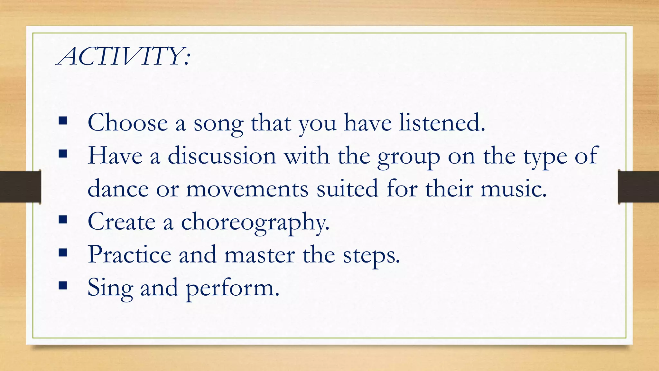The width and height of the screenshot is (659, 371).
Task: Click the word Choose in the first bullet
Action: (x=128, y=123)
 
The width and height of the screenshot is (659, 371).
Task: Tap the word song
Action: (x=218, y=124)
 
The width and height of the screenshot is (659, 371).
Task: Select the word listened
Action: (x=442, y=123)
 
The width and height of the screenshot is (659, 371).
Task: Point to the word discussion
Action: (x=222, y=156)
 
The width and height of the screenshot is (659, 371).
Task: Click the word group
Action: (x=409, y=157)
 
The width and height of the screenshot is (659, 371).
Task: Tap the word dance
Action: (x=118, y=189)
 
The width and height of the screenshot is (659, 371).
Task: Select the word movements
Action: (x=247, y=189)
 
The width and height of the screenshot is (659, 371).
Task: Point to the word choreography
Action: (x=255, y=223)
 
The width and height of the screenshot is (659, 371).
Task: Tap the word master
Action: (x=259, y=255)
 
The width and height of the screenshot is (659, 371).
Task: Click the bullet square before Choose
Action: (x=63, y=121)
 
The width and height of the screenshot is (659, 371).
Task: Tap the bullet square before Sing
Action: (x=63, y=285)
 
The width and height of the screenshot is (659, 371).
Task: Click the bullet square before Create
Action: (x=63, y=220)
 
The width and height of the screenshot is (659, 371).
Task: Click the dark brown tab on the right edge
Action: (x=638, y=187)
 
